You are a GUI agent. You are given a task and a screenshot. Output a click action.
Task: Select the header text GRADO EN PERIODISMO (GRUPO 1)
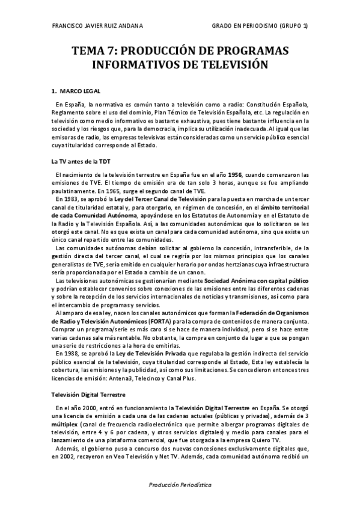(260, 25)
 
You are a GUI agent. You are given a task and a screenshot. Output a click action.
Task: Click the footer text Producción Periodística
(180, 485)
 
